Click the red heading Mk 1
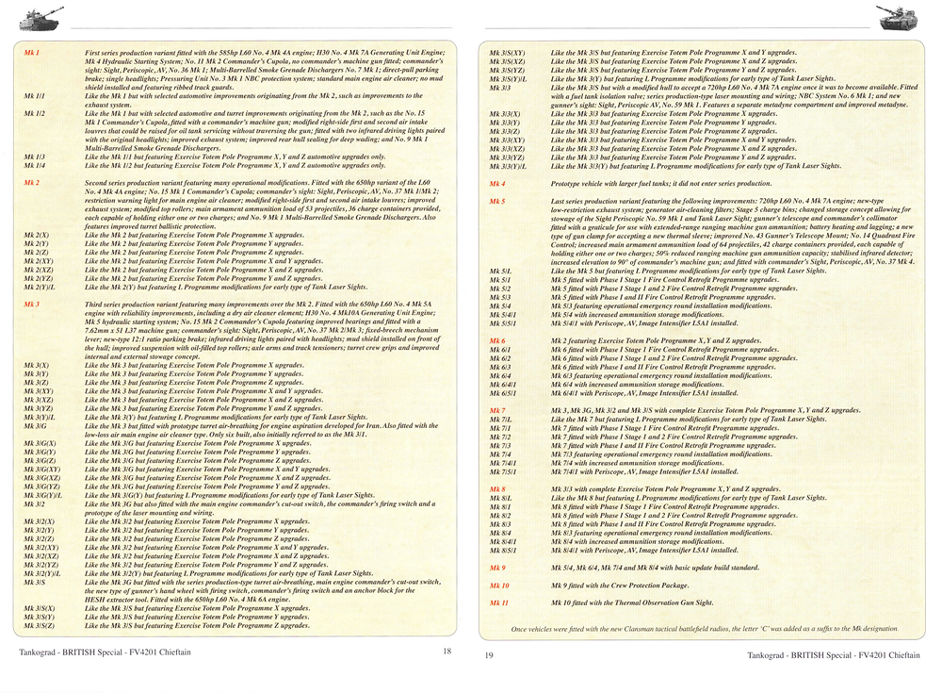click(32, 53)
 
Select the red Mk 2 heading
click(32, 181)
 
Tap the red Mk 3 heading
click(32, 305)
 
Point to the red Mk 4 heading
click(497, 183)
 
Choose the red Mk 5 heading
click(497, 201)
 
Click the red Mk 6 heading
click(497, 339)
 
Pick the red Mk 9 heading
click(497, 568)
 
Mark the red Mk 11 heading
click(499, 602)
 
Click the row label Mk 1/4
click(34, 164)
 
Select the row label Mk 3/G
click(36, 425)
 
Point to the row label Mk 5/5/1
click(501, 322)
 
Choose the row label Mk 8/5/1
click(501, 550)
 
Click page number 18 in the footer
click(447, 651)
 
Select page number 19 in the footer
click(489, 654)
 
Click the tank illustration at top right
click(899, 15)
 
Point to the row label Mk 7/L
click(499, 419)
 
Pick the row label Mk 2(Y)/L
click(39, 286)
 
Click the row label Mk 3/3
click(499, 88)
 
